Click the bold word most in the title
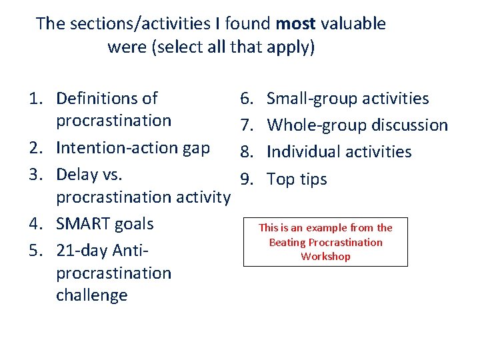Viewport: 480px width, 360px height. (295, 24)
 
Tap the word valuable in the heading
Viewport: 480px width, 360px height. (353, 24)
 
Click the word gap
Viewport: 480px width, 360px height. (196, 148)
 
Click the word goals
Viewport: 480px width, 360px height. (135, 224)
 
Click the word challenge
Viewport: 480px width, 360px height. (91, 295)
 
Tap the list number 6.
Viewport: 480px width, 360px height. (245, 99)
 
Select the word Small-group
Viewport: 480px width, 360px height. (308, 99)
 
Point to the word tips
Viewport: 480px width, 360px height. (312, 179)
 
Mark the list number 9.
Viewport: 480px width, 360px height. (245, 179)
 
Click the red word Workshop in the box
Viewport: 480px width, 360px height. (325, 257)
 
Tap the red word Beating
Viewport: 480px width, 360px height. (286, 243)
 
